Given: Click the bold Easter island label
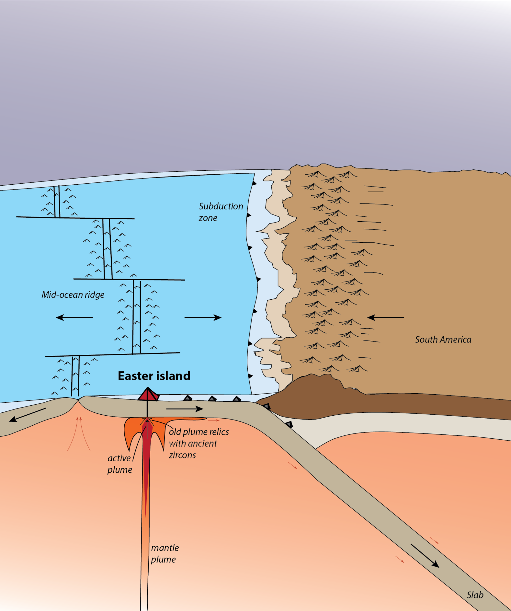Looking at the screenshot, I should coord(154,376).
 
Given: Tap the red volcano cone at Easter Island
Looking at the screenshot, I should coord(148,394).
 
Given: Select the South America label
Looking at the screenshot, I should coord(443,340).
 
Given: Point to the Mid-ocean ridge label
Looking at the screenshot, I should coord(73,295).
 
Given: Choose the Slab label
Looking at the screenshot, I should coord(475,595).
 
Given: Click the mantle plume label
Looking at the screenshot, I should coord(165,554).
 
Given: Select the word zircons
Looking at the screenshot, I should coord(182,455).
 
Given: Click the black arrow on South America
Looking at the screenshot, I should coord(386,317).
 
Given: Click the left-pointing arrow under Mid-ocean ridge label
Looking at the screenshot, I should coord(74,317).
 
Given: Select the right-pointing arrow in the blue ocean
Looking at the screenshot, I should coord(203,317).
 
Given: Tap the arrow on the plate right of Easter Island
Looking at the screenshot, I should coord(184,409).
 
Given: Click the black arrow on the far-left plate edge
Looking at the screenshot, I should coord(28,415).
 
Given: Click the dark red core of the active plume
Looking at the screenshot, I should coord(146,460).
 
